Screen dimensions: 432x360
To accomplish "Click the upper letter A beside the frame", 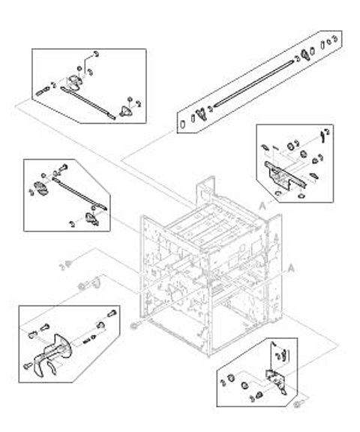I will [261, 203].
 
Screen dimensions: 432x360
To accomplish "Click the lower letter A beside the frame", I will [291, 265].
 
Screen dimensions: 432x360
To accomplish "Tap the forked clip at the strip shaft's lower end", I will [200, 114].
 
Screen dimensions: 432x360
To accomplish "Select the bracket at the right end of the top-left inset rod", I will [126, 112].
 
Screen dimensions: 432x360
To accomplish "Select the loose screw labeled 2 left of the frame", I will [68, 262].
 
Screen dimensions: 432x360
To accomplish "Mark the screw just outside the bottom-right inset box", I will [299, 405].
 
